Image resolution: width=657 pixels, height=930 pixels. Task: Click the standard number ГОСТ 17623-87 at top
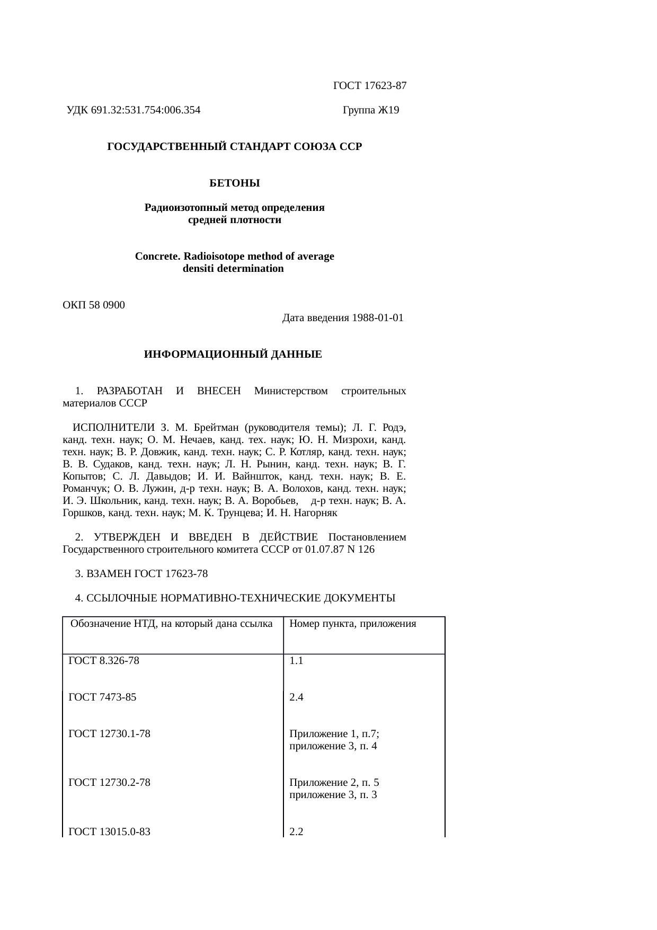click(369, 85)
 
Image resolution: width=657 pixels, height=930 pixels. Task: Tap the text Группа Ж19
click(371, 110)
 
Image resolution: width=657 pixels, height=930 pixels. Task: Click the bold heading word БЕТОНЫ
click(235, 183)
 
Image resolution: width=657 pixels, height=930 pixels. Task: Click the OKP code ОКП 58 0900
click(94, 305)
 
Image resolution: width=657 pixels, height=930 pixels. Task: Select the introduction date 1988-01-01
click(377, 318)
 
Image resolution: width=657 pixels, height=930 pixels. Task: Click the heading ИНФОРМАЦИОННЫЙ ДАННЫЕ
click(233, 355)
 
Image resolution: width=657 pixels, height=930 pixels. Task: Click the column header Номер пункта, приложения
click(352, 624)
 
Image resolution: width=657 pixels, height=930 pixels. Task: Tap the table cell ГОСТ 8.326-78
click(104, 661)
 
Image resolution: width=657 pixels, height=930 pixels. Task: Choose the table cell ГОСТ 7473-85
click(102, 697)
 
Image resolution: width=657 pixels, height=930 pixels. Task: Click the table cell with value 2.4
click(296, 697)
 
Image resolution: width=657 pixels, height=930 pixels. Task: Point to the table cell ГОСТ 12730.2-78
click(110, 783)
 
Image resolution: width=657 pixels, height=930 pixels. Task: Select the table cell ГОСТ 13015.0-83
click(110, 832)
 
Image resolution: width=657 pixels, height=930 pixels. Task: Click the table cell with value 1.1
click(296, 661)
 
